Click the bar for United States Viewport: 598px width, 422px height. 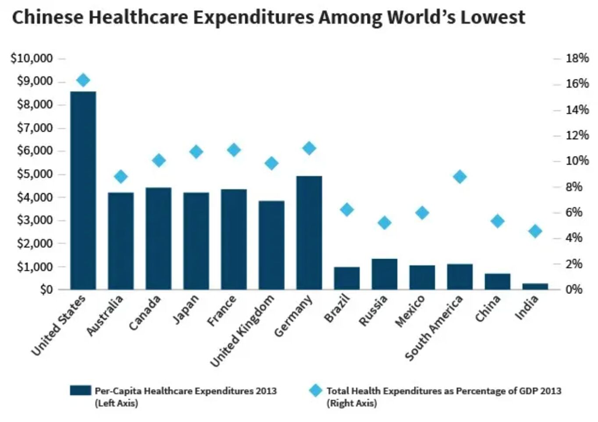coord(83,190)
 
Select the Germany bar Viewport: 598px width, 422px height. coord(309,232)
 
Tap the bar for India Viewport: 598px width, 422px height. coord(535,286)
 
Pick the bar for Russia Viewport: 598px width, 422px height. coord(384,274)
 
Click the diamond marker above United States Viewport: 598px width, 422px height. coord(83,80)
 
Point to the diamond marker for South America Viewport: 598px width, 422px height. coord(459,177)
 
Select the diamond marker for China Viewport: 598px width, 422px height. coord(497,221)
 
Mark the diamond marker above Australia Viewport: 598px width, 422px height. coord(121,177)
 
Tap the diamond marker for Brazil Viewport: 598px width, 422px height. coord(347,210)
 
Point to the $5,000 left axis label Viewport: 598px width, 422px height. coord(35,174)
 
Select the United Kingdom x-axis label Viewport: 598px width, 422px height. coord(243,330)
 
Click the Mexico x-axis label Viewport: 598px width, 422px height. coord(410,311)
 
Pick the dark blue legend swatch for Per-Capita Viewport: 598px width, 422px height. coord(80,390)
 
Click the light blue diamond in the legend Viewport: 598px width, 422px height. coord(315,390)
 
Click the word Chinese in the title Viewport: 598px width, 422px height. coord(47,18)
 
